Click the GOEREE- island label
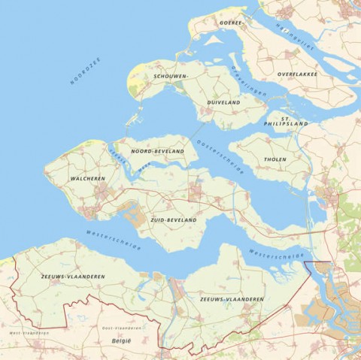(x=232, y=23)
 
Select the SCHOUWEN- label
(x=171, y=77)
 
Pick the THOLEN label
(x=275, y=159)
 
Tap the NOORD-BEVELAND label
(x=157, y=151)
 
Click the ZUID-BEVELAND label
(x=173, y=219)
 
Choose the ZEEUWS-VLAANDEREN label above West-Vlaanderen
(x=72, y=277)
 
